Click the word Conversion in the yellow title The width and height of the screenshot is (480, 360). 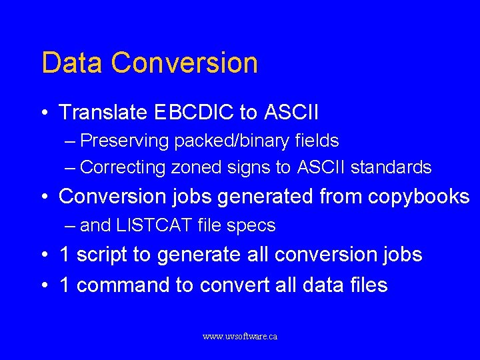185,63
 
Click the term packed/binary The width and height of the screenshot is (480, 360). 233,141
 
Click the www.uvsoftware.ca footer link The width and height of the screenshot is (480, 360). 240,337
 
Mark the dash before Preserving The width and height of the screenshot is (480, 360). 71,141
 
